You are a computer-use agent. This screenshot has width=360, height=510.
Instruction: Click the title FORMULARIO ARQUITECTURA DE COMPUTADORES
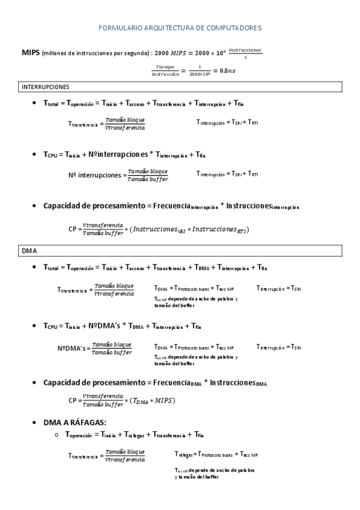(x=180, y=28)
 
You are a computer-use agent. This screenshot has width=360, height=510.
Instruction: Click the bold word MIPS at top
(x=30, y=52)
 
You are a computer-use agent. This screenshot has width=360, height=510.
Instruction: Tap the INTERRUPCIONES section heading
(x=46, y=87)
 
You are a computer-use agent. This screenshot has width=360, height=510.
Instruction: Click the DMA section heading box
(x=29, y=250)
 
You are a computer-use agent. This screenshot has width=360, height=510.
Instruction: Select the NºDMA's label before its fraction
(x=73, y=348)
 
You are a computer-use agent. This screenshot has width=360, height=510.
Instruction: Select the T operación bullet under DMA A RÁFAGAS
(x=79, y=434)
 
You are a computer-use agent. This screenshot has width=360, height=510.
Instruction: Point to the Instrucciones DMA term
(x=240, y=383)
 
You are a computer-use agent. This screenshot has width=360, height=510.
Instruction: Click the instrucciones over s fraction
(x=245, y=53)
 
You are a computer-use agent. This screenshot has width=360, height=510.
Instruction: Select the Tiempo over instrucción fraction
(x=165, y=70)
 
